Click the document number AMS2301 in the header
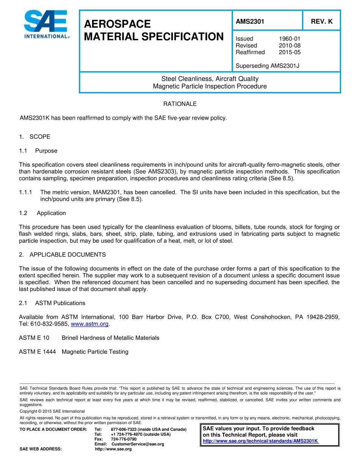coord(250,22)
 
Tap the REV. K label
coord(321,22)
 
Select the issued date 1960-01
coord(290,39)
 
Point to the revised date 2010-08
coord(290,45)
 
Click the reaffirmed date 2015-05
coord(290,52)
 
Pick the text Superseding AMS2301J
coord(267,66)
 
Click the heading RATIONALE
coord(180,104)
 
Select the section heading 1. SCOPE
coord(34,137)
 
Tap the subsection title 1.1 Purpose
coord(38,151)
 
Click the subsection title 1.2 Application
coord(42,213)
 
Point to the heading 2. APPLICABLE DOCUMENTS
coord(63,255)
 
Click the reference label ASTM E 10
coord(34,338)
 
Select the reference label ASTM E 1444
coord(37,352)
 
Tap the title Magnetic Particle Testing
coord(95,352)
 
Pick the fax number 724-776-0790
coord(124,439)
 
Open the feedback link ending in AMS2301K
coord(260,441)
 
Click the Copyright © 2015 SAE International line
coord(52,411)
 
